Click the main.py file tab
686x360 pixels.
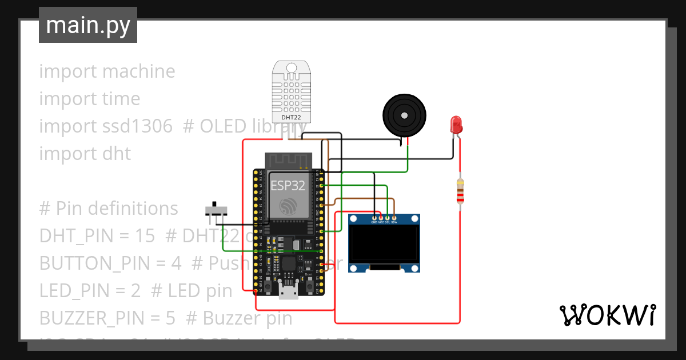point(87,25)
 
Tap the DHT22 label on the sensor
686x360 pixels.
point(291,118)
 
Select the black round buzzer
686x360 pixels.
point(404,115)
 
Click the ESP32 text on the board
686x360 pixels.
point(288,186)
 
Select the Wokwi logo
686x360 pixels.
point(607,315)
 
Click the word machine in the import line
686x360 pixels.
point(139,71)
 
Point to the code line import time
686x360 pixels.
point(89,99)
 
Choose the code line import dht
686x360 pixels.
point(85,154)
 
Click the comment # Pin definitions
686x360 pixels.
point(108,209)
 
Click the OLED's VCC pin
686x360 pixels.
point(381,218)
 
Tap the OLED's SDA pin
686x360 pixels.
point(394,218)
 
